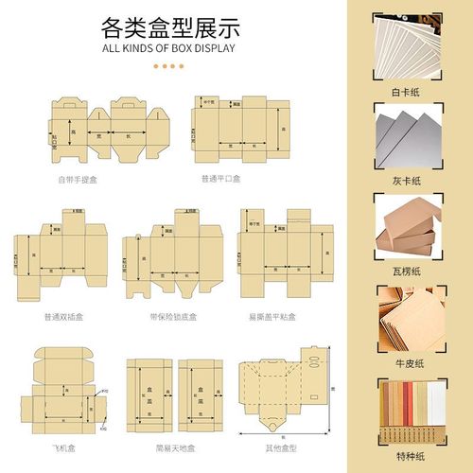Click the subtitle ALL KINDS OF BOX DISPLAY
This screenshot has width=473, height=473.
click(x=167, y=46)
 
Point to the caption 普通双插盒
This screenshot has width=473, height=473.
click(x=63, y=316)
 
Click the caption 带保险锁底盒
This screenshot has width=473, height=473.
click(x=169, y=316)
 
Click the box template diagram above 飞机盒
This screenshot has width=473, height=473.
click(x=63, y=393)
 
